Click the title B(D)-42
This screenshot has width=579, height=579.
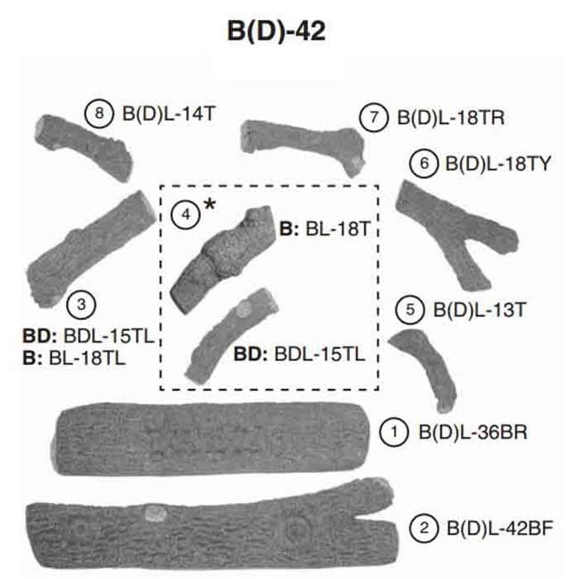(x=276, y=32)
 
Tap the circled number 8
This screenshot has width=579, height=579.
(x=99, y=114)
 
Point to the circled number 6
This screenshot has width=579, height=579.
(x=424, y=163)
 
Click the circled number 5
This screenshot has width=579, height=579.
(x=410, y=310)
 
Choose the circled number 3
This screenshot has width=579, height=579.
(x=82, y=304)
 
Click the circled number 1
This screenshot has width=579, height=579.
(x=394, y=432)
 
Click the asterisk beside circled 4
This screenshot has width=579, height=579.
(x=210, y=206)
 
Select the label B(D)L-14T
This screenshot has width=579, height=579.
(x=168, y=114)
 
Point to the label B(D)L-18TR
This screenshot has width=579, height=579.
(x=451, y=118)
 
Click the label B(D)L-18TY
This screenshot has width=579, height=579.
(x=498, y=164)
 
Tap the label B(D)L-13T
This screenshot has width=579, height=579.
(x=480, y=310)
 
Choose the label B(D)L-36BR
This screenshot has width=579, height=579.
(x=473, y=432)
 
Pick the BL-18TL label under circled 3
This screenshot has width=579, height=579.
(x=87, y=359)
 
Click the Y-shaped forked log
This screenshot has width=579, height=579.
(x=457, y=234)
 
